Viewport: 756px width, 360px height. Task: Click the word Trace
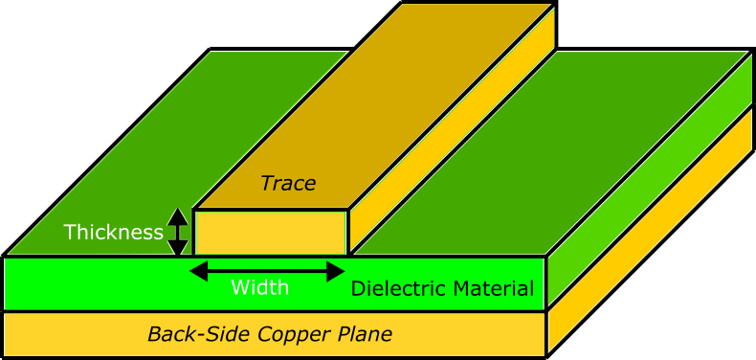pos(288,184)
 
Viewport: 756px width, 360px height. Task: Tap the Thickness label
pos(113,233)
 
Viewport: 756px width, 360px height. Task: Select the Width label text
pos(259,287)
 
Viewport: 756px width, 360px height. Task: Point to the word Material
pos(492,288)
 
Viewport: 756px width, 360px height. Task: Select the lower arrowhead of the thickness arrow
pos(178,248)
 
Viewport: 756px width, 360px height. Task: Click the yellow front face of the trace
pos(270,233)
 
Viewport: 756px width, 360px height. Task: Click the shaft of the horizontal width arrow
pos(267,272)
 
